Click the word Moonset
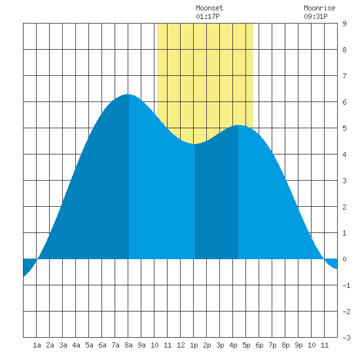pos(209,8)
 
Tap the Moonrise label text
pos(319,8)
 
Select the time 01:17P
pos(207,16)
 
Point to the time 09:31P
pos(315,16)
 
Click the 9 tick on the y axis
pos(344,24)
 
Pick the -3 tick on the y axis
pos(346,338)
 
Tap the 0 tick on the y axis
pos(344,259)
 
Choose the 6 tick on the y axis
pos(344,102)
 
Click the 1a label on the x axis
pos(37,345)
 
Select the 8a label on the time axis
pos(128,345)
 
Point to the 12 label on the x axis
pos(181,345)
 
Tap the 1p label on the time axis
pos(194,345)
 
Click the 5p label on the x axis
pos(246,345)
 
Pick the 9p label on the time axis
pos(298,345)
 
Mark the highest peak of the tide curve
pos(128,94)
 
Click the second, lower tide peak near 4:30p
pos(239,126)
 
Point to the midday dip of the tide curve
pos(194,144)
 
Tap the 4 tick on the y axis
pos(344,154)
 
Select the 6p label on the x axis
pos(259,345)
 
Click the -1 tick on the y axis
pos(346,285)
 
